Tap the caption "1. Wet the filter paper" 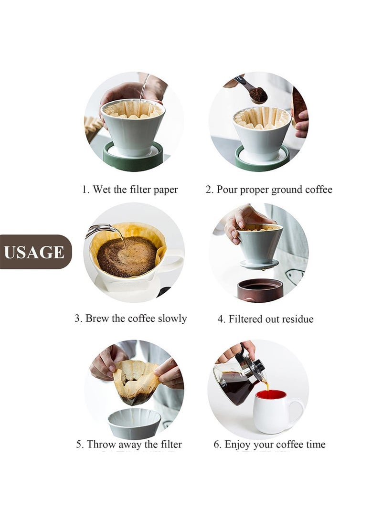click(129, 190)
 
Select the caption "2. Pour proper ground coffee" click(269, 190)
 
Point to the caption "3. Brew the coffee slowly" click(130, 319)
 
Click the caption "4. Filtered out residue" click(265, 319)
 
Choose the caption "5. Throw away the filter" click(129, 445)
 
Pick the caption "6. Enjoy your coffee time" click(269, 445)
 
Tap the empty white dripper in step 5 click(134, 423)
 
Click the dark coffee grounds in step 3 click(127, 256)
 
